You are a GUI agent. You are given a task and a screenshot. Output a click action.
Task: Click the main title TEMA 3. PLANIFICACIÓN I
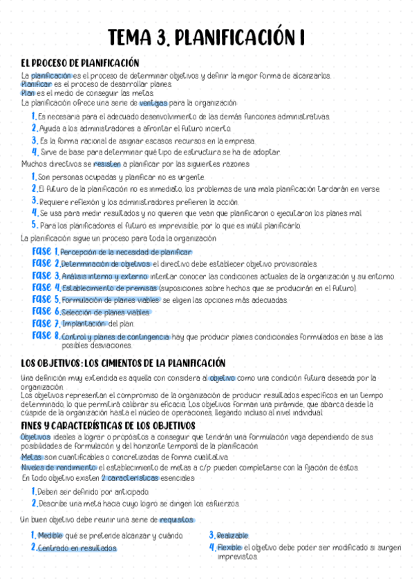click(207, 37)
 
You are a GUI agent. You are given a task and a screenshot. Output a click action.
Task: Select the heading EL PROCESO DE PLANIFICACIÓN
click(80, 63)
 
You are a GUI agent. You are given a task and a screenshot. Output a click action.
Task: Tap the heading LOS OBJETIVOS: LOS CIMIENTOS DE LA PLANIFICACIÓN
click(124, 363)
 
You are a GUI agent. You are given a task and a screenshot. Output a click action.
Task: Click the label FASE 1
click(45, 252)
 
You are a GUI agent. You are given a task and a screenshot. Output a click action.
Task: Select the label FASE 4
click(46, 287)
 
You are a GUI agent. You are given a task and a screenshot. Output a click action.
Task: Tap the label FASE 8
click(46, 335)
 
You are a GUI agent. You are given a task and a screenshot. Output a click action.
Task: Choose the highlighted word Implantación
click(84, 324)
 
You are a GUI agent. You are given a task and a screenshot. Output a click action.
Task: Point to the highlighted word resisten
click(106, 164)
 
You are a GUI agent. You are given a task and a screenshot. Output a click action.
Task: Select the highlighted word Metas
click(31, 457)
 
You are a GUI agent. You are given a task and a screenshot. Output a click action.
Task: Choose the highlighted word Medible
click(50, 535)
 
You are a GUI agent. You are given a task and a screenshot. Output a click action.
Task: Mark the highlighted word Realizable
click(232, 535)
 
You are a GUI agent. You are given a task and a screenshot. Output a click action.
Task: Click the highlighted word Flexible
click(229, 547)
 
